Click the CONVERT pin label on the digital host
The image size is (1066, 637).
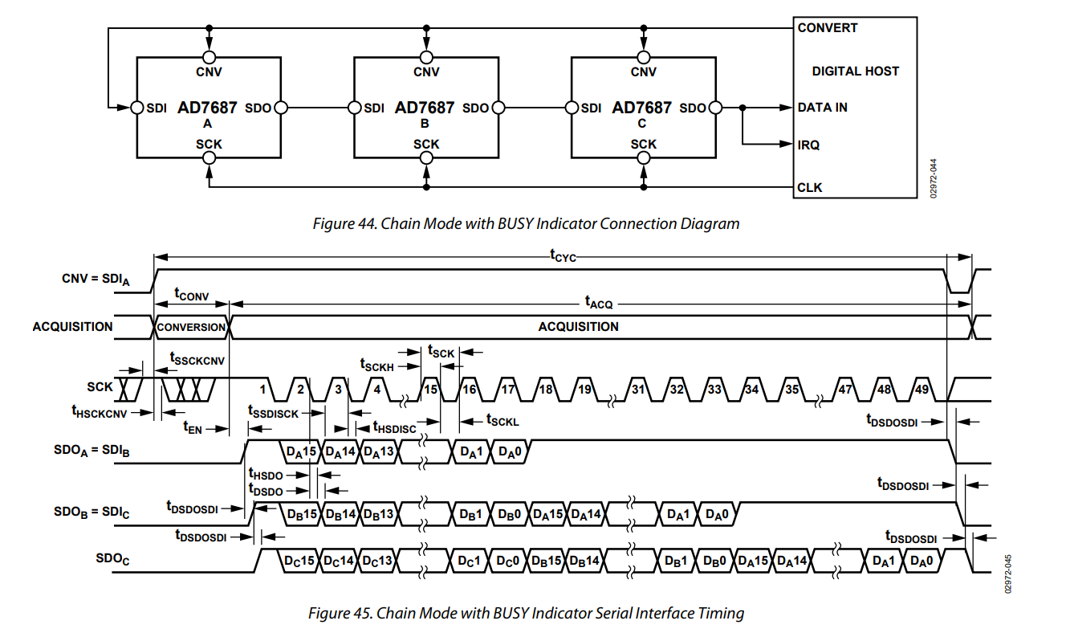(827, 28)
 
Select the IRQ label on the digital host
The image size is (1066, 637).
(808, 145)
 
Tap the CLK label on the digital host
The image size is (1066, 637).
(810, 188)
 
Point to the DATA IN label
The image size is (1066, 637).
(822, 108)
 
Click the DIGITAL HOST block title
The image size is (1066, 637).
(855, 71)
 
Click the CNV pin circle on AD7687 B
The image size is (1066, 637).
(426, 57)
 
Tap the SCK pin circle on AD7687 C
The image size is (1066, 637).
(643, 158)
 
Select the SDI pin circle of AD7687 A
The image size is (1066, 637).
(136, 108)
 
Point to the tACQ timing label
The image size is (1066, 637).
(598, 304)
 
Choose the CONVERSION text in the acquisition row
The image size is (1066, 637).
(191, 327)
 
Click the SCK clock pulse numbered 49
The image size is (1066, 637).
(922, 389)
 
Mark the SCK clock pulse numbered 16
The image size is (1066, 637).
(469, 389)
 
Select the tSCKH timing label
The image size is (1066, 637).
(378, 365)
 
